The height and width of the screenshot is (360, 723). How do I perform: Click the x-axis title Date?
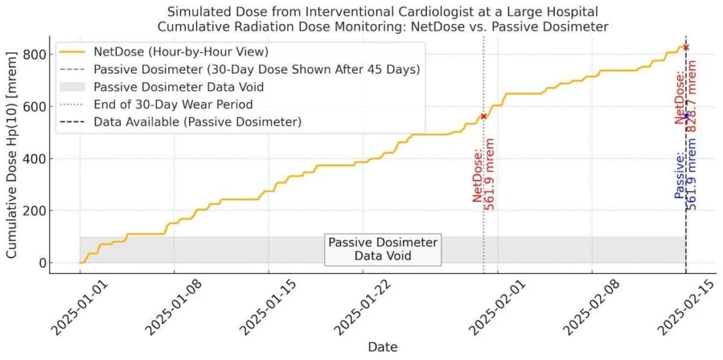[382, 347]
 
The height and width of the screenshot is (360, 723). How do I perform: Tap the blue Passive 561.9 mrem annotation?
[686, 180]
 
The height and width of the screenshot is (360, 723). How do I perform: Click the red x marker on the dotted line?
[484, 116]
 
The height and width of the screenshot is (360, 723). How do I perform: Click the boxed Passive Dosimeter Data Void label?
[383, 249]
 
